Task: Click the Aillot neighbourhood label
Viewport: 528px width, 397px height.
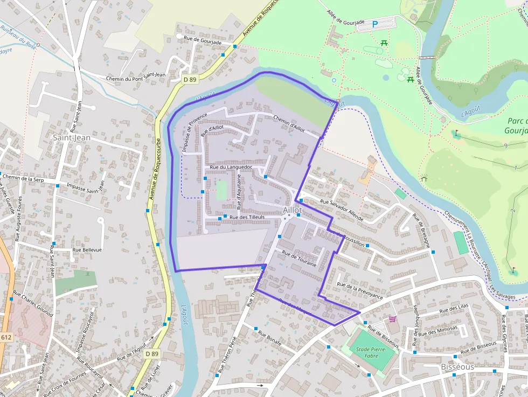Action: tap(291, 210)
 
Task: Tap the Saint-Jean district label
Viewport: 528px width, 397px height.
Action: tap(71, 138)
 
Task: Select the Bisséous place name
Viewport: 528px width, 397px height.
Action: tap(457, 367)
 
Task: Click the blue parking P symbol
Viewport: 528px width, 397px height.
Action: tap(375, 24)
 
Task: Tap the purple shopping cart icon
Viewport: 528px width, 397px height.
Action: tap(392, 318)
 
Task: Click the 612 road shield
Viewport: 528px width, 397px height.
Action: tap(6, 337)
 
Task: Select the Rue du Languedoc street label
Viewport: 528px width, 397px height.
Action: tap(231, 168)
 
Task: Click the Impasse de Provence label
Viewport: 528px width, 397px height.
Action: tap(190, 132)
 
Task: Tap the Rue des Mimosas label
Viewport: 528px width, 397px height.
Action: tap(441, 328)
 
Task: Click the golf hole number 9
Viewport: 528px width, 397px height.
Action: tap(505, 146)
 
